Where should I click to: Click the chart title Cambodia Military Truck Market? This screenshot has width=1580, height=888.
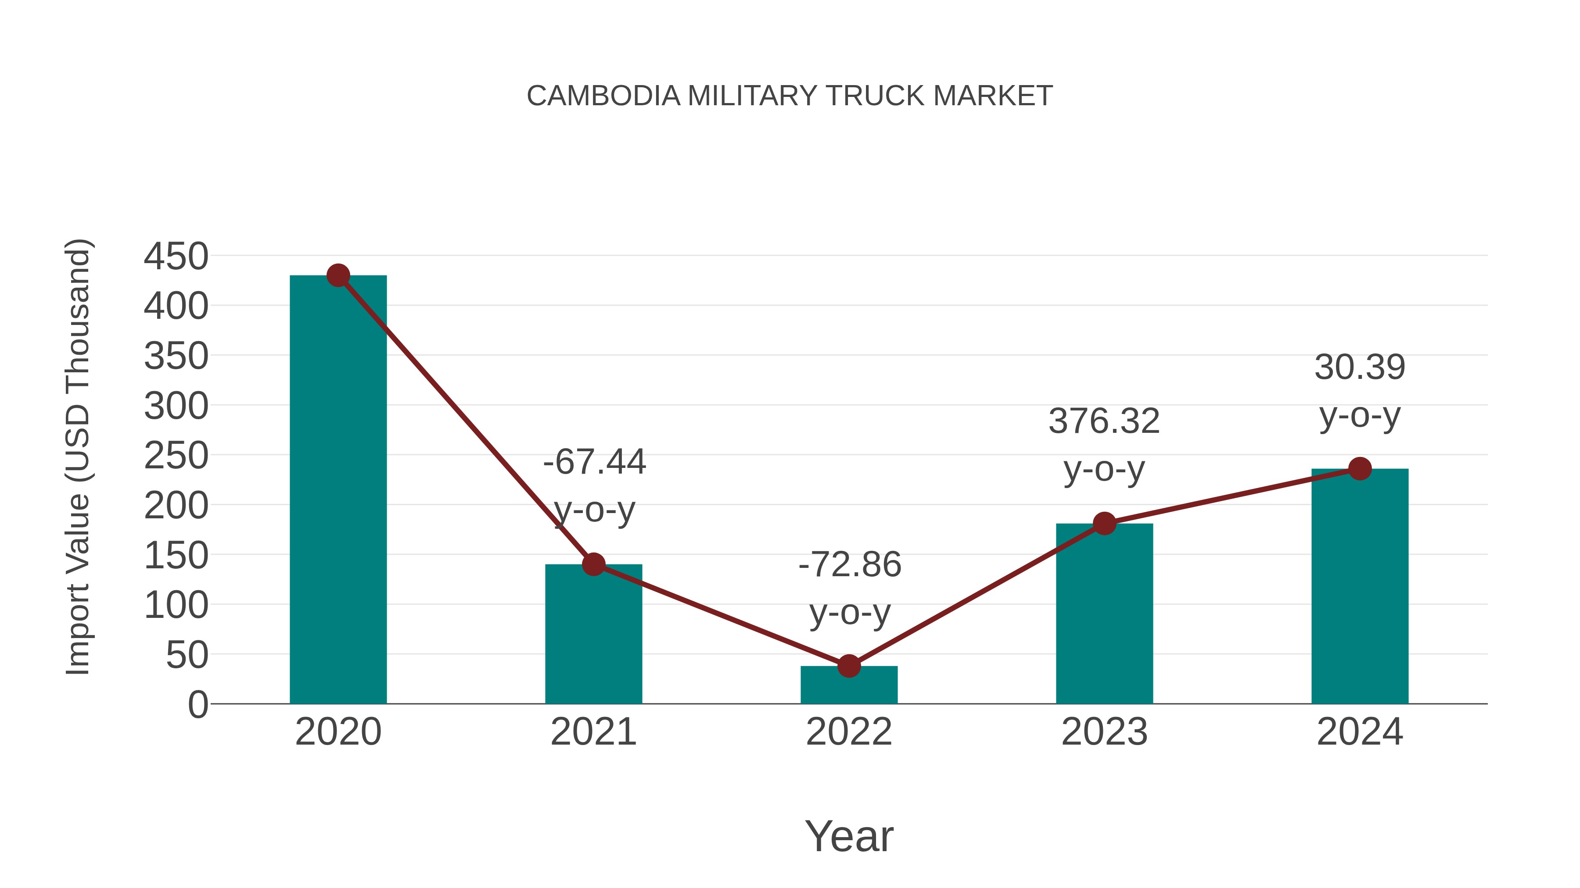tap(790, 96)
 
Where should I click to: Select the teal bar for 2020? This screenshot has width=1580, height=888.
tap(338, 490)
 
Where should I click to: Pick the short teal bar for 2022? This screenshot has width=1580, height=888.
tap(849, 686)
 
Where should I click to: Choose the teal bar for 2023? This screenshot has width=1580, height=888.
tap(1104, 613)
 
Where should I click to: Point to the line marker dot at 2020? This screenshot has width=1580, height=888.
tap(338, 276)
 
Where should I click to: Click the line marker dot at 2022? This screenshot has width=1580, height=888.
tap(849, 666)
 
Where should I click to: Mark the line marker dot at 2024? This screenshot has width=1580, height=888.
tap(1360, 469)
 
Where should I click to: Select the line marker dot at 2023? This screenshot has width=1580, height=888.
tap(1104, 523)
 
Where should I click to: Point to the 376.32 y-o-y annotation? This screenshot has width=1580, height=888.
tap(1104, 445)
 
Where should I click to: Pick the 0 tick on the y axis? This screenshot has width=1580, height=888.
tap(197, 705)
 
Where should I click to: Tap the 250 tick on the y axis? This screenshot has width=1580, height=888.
tap(176, 456)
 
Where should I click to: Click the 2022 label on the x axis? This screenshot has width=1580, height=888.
tap(849, 732)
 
